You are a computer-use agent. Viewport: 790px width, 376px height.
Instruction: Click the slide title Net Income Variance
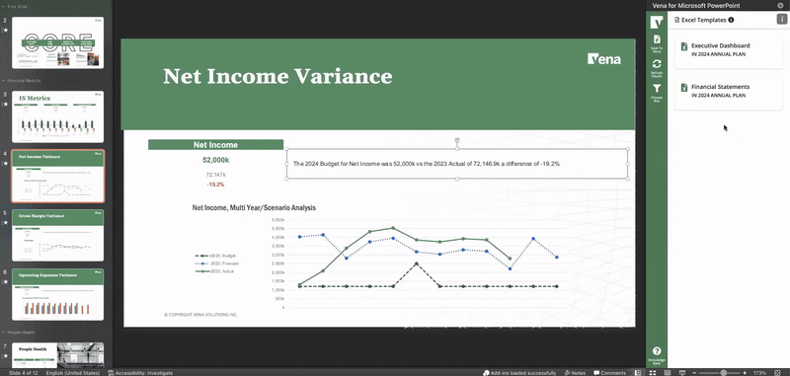tap(277, 76)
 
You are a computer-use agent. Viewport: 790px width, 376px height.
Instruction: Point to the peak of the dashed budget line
tap(417, 263)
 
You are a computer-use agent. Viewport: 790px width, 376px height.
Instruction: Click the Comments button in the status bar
tap(609, 372)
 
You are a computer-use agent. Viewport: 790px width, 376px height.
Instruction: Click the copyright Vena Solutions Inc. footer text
tap(200, 314)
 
